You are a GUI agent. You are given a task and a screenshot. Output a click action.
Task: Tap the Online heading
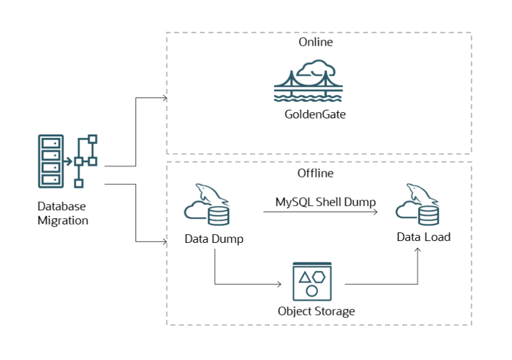click(315, 43)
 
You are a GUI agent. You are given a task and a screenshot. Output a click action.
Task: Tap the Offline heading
click(315, 173)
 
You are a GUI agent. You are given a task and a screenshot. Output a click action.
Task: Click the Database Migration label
click(62, 213)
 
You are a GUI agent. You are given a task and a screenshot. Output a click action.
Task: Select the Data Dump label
click(214, 239)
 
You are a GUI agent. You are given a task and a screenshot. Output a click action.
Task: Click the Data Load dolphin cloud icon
click(418, 205)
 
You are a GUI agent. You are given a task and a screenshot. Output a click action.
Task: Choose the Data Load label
click(423, 237)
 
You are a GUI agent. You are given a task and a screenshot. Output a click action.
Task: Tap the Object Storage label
click(316, 311)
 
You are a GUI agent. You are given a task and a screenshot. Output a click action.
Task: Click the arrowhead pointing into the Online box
click(165, 97)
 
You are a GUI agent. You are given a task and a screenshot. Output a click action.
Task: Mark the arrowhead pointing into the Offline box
click(165, 241)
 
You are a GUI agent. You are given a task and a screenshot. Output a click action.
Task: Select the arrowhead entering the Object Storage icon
click(280, 284)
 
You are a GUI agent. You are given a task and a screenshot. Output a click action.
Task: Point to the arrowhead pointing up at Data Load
click(418, 250)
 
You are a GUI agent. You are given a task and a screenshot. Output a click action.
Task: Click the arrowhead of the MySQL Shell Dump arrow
click(375, 211)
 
